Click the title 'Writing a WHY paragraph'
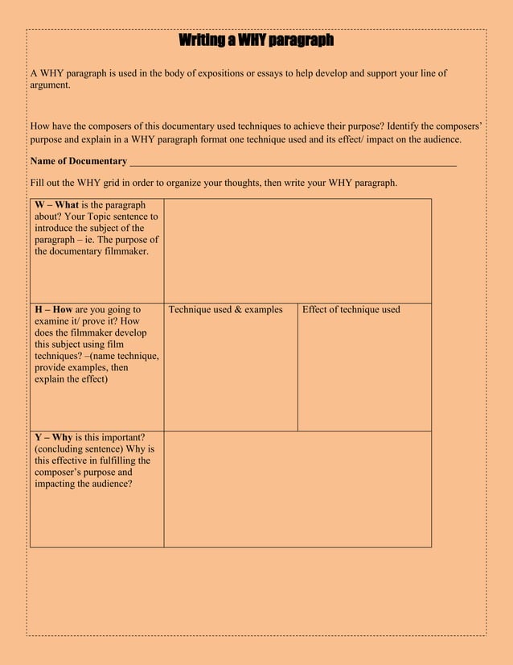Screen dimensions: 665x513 point(256,40)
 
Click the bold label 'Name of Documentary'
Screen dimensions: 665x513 point(78,161)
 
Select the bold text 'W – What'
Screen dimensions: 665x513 point(55,205)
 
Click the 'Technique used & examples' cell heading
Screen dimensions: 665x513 point(225,310)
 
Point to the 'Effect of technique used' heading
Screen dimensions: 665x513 point(351,310)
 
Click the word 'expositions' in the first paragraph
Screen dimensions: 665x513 point(219,73)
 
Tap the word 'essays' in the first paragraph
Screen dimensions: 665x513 point(269,73)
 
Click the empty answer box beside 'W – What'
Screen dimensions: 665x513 point(298,250)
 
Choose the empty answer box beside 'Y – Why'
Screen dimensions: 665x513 point(298,489)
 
